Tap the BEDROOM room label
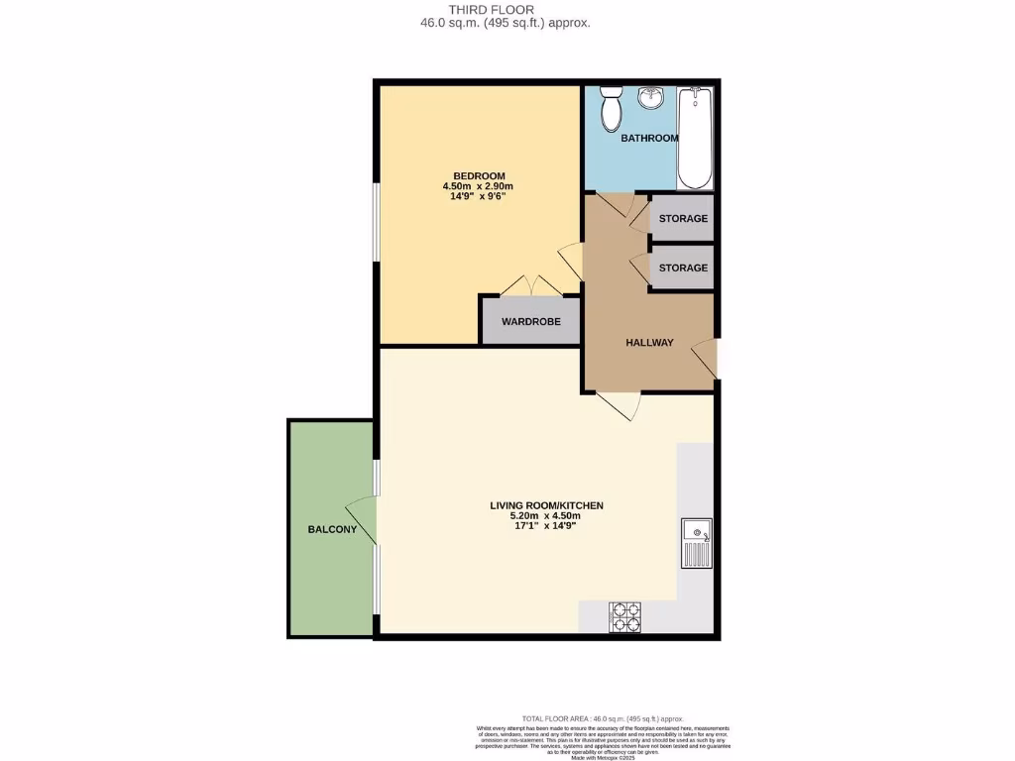coord(478,175)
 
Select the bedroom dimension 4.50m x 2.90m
coord(478,186)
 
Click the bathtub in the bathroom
coord(695,138)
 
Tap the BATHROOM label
coord(649,139)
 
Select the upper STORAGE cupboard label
coord(683,218)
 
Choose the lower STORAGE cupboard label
coord(683,268)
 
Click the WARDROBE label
coord(530,322)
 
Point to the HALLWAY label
coord(649,343)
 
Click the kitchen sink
coord(696,543)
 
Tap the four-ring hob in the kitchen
coord(624,617)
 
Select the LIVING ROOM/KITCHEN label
coord(546,505)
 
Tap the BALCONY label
coord(332,530)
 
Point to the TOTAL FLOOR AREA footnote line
coord(603,718)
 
